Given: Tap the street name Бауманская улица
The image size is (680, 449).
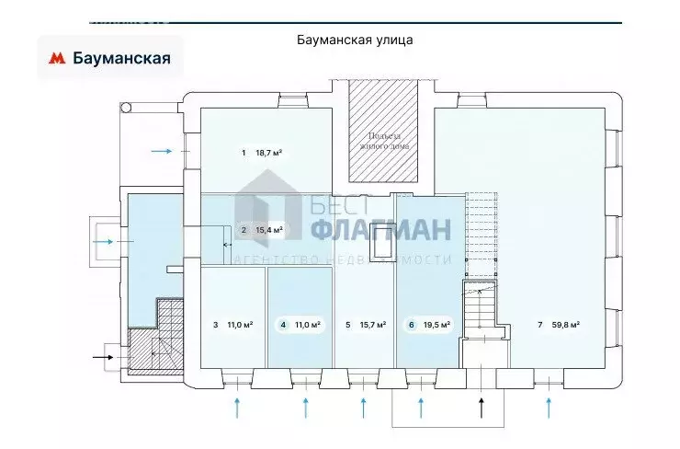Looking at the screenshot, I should [355, 40].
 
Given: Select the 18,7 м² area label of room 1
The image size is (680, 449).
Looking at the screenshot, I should [267, 153].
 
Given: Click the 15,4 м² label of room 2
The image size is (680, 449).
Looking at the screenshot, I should [267, 230].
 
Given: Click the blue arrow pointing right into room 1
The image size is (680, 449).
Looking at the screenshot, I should [162, 151].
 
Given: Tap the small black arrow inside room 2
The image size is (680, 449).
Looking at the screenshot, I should [227, 245].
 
